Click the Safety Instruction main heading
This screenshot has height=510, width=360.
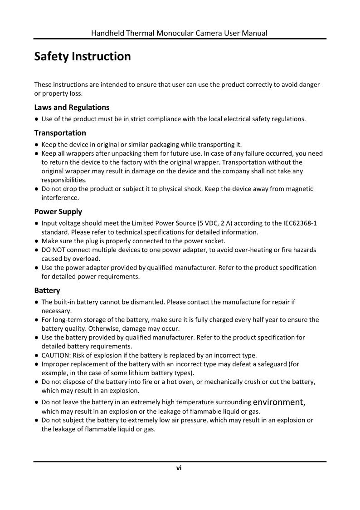(x=83, y=57)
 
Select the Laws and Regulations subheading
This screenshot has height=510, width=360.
(x=72, y=108)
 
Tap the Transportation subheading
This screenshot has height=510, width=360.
(x=60, y=133)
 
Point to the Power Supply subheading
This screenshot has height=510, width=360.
(x=58, y=211)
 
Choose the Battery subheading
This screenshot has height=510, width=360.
(x=47, y=290)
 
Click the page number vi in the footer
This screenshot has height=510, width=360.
(x=179, y=468)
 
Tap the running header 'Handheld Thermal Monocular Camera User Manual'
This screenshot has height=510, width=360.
(x=179, y=33)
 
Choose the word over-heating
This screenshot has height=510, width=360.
(x=247, y=250)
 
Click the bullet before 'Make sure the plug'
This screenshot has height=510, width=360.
(x=36, y=241)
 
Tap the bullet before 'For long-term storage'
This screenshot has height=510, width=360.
(x=36, y=320)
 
